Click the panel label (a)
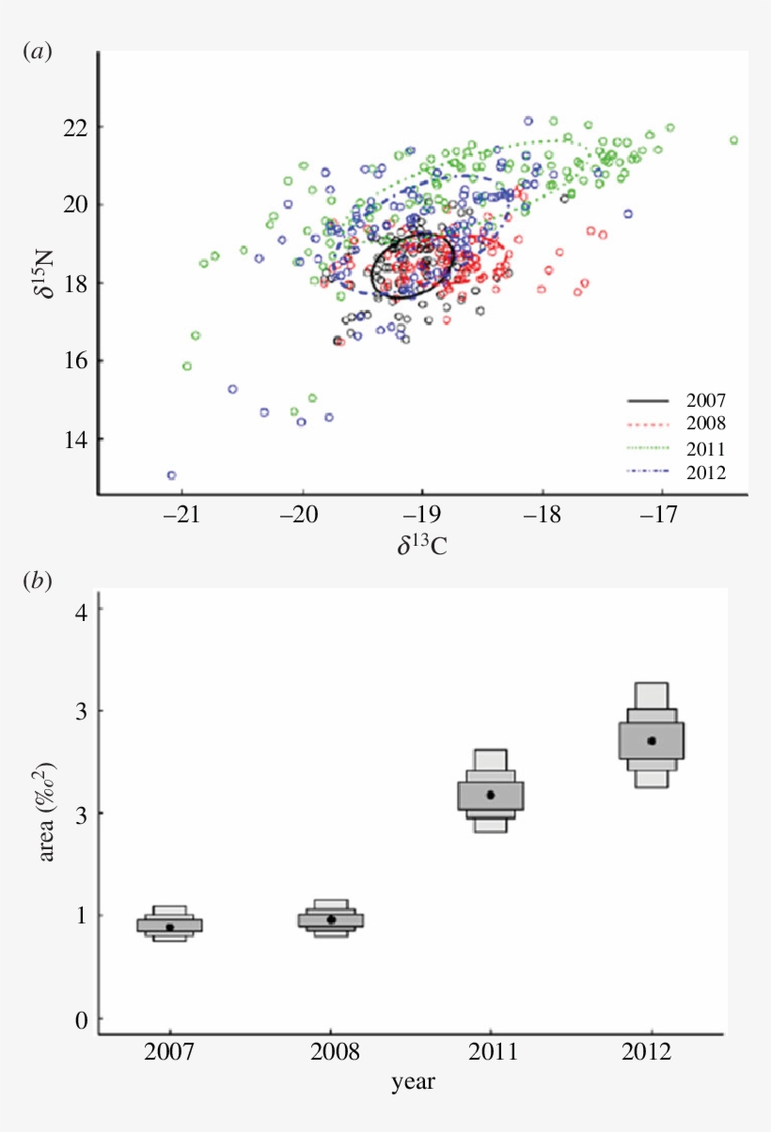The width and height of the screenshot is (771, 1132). pos(37,53)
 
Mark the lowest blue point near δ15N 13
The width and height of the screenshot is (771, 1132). pos(171,475)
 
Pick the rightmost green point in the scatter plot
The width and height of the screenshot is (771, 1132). pos(733,141)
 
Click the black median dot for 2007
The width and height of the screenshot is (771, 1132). pos(169,927)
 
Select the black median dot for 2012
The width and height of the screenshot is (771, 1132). pos(652,740)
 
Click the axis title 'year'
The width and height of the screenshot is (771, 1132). pos(413,1082)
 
